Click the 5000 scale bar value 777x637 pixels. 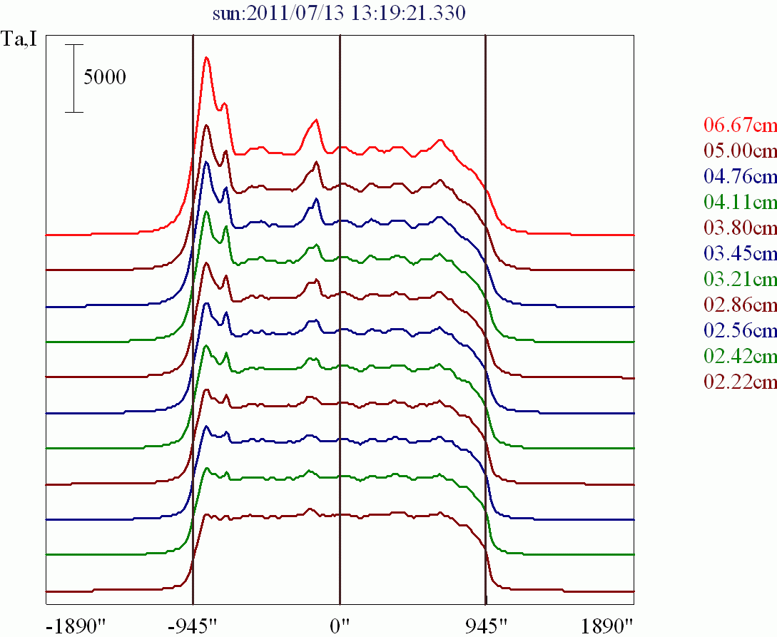pos(105,77)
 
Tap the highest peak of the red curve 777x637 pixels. pos(206,58)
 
